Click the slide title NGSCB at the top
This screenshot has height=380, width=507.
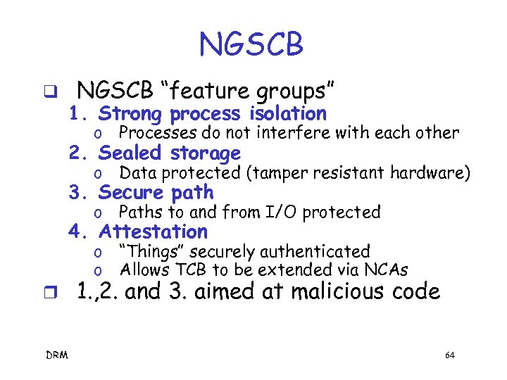coord(251,44)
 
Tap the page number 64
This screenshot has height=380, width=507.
coord(450,355)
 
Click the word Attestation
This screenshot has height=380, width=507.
coord(154,232)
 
